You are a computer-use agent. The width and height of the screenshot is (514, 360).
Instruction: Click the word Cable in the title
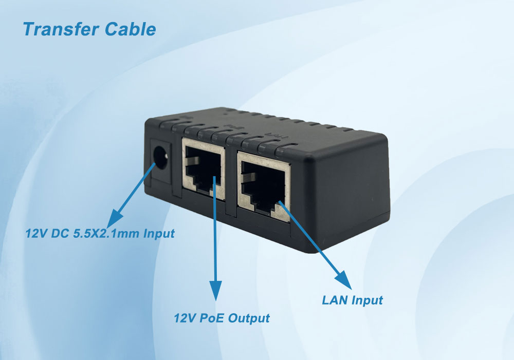(x=130, y=29)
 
